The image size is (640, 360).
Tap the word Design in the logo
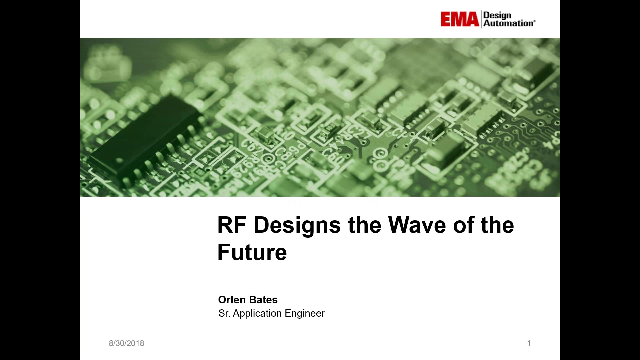coord(497,15)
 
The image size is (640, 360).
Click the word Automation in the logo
coord(508,23)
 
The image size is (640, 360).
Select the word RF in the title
coord(232,225)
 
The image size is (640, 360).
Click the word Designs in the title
coord(297,226)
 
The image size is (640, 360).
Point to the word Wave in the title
coord(417,225)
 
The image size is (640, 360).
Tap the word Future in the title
coord(252,252)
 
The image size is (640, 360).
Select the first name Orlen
coord(232,300)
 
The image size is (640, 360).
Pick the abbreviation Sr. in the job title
coord(224,313)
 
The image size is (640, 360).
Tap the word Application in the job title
coord(257,314)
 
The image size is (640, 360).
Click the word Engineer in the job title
coord(305,314)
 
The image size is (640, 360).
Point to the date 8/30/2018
coord(126,343)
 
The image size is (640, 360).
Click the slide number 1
coord(529,343)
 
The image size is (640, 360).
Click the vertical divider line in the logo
coord(481,19)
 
